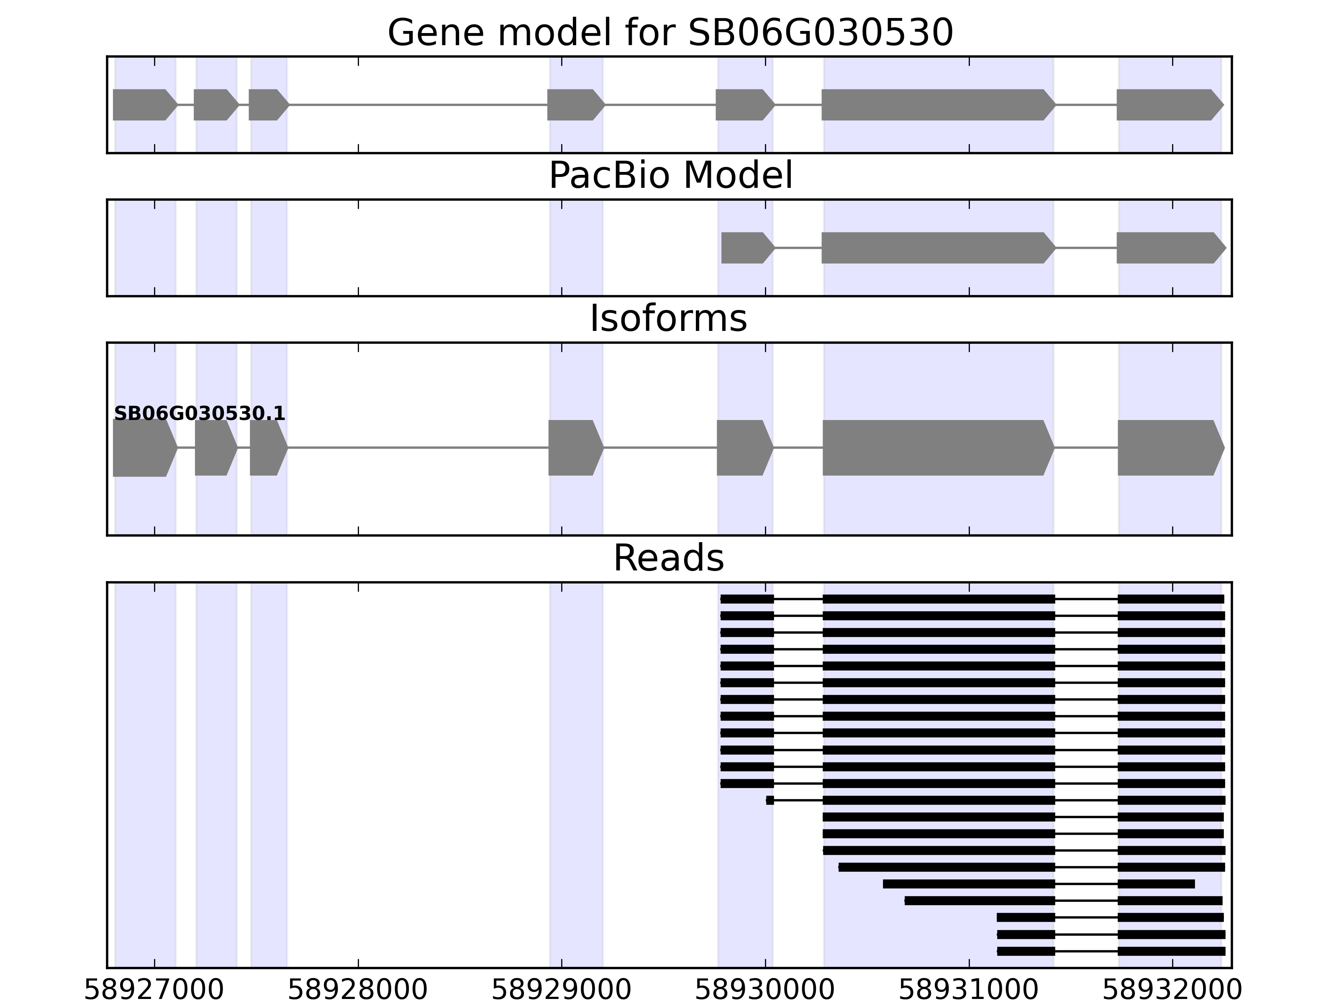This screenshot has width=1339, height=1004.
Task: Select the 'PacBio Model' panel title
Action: pyautogui.click(x=670, y=176)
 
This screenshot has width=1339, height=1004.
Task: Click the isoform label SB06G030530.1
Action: pyautogui.click(x=199, y=414)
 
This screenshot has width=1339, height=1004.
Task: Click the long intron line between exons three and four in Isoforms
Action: pyautogui.click(x=418, y=448)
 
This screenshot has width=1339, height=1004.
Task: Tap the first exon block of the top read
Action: pyautogui.click(x=747, y=599)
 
